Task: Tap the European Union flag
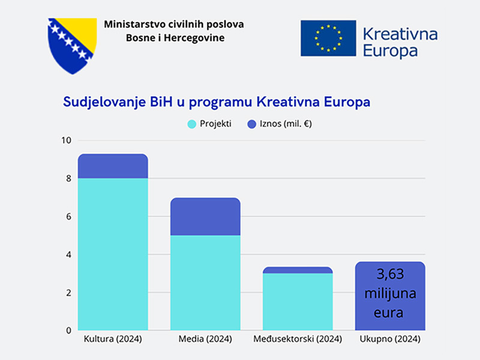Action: [328, 38]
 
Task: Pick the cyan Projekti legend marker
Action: [192, 124]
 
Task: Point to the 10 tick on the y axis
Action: [67, 140]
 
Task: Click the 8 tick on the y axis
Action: [68, 178]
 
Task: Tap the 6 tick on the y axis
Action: [68, 217]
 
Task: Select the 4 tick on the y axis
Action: [68, 254]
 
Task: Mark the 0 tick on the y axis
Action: [68, 330]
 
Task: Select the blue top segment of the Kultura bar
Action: [113, 166]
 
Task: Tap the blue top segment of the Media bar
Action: [205, 217]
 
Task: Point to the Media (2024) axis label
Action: [205, 339]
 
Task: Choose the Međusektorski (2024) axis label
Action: [298, 339]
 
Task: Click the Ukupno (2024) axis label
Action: [390, 339]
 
